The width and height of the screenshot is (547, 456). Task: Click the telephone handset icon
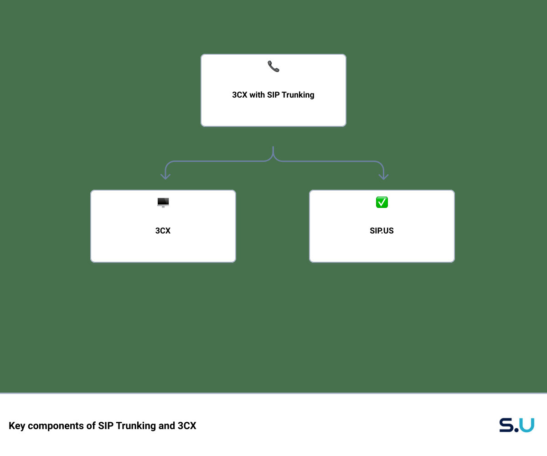[x=273, y=66]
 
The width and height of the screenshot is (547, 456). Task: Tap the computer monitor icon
[x=163, y=202]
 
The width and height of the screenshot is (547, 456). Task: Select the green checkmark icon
[x=382, y=202]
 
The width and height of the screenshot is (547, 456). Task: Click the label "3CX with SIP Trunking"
[x=273, y=94]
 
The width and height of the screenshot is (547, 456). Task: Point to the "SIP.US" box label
[x=382, y=231]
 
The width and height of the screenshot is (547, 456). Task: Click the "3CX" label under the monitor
[x=163, y=231]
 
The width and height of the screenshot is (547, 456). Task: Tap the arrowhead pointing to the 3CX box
[x=165, y=177]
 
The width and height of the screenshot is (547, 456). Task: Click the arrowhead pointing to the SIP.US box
[x=383, y=177]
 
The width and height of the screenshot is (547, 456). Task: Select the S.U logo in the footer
[x=516, y=425]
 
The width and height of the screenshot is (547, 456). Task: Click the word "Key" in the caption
[x=17, y=426]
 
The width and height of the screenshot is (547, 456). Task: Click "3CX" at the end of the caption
[x=187, y=426]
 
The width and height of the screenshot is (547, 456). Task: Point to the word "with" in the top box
[x=257, y=94]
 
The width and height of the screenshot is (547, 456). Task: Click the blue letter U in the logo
[x=526, y=425]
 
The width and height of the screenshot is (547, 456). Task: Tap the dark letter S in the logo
[x=506, y=425]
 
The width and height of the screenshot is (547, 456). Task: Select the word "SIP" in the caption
[x=106, y=426]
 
